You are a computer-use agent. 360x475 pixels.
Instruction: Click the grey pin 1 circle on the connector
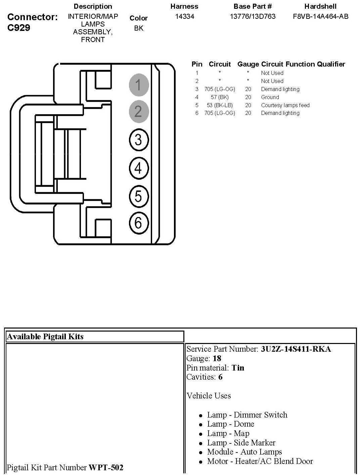tap(138, 84)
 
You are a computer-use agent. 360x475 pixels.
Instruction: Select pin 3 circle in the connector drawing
tap(138, 139)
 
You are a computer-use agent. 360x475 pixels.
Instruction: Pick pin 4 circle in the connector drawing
tap(138, 168)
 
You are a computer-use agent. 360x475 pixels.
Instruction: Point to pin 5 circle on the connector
tap(138, 196)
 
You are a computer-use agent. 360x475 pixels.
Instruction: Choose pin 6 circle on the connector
tap(138, 222)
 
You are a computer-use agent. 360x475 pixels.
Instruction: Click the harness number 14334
tap(184, 16)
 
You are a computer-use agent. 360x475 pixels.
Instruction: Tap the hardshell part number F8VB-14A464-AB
tap(320, 16)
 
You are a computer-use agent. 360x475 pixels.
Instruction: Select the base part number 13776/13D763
tap(253, 16)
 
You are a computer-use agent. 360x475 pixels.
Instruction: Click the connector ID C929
tap(18, 28)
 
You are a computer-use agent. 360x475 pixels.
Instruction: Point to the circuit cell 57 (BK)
tap(220, 97)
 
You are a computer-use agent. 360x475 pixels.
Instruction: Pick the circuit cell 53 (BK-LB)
tap(220, 105)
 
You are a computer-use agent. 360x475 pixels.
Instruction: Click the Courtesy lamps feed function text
tap(285, 105)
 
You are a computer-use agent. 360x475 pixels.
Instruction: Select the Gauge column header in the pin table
tap(248, 64)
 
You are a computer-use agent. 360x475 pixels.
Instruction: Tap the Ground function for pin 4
tap(270, 97)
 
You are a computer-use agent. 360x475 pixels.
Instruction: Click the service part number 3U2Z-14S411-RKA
tap(296, 349)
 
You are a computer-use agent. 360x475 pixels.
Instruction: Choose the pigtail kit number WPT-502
tap(106, 468)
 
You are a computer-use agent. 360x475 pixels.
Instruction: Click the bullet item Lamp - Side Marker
tap(241, 443)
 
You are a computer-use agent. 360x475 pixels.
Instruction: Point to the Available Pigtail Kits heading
tap(45, 337)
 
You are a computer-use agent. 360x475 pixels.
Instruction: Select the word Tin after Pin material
tap(238, 368)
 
